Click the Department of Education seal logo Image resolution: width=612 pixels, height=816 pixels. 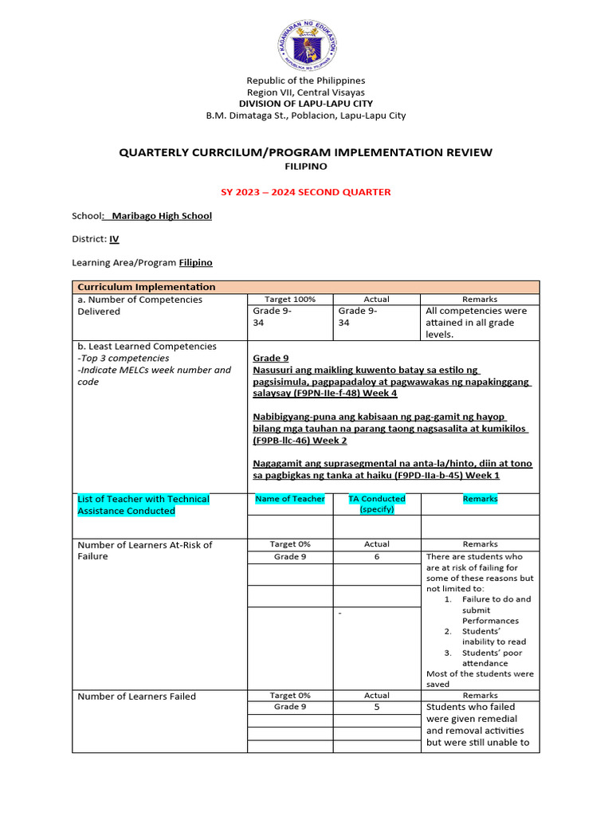(306, 42)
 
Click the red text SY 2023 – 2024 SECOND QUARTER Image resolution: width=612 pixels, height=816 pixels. (306, 192)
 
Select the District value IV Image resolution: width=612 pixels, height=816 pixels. (114, 238)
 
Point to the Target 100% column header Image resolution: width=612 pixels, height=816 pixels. (290, 300)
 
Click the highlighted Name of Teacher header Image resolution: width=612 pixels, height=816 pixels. (290, 499)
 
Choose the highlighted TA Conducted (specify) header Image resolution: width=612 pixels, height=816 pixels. (377, 504)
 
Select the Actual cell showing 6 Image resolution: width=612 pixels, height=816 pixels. (377, 557)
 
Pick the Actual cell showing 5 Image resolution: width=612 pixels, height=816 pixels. (377, 707)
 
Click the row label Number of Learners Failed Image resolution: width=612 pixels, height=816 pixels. (136, 696)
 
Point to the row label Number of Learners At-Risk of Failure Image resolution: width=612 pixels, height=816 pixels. (145, 551)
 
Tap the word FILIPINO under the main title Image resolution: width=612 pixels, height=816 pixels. (306, 167)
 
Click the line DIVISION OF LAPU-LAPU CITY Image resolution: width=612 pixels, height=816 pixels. (306, 104)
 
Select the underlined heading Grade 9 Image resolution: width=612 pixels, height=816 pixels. (271, 359)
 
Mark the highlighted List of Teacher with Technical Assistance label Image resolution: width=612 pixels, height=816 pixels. (143, 504)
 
